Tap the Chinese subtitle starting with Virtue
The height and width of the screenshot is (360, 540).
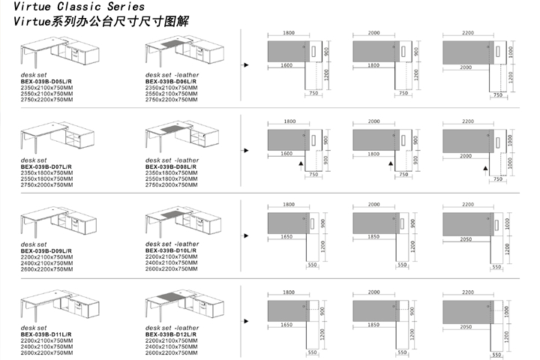point(101,22)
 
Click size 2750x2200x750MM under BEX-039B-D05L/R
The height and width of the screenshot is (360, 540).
point(47,100)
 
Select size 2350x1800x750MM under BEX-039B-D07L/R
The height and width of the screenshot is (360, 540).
point(47,172)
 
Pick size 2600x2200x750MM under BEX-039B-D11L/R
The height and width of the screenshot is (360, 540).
point(47,352)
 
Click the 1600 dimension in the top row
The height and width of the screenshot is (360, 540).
point(287,66)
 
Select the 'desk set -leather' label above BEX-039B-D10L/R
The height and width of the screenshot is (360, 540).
point(172,244)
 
